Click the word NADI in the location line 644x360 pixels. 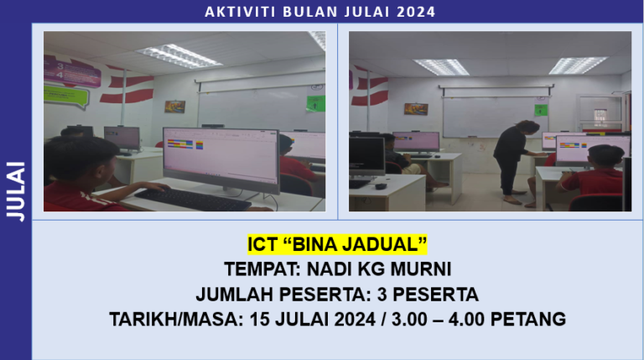(x=341, y=269)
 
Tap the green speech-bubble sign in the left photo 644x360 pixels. (x=67, y=94)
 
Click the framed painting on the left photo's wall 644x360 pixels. (x=174, y=107)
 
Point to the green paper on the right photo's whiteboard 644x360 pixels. (x=540, y=110)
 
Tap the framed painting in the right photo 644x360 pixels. (x=416, y=109)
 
